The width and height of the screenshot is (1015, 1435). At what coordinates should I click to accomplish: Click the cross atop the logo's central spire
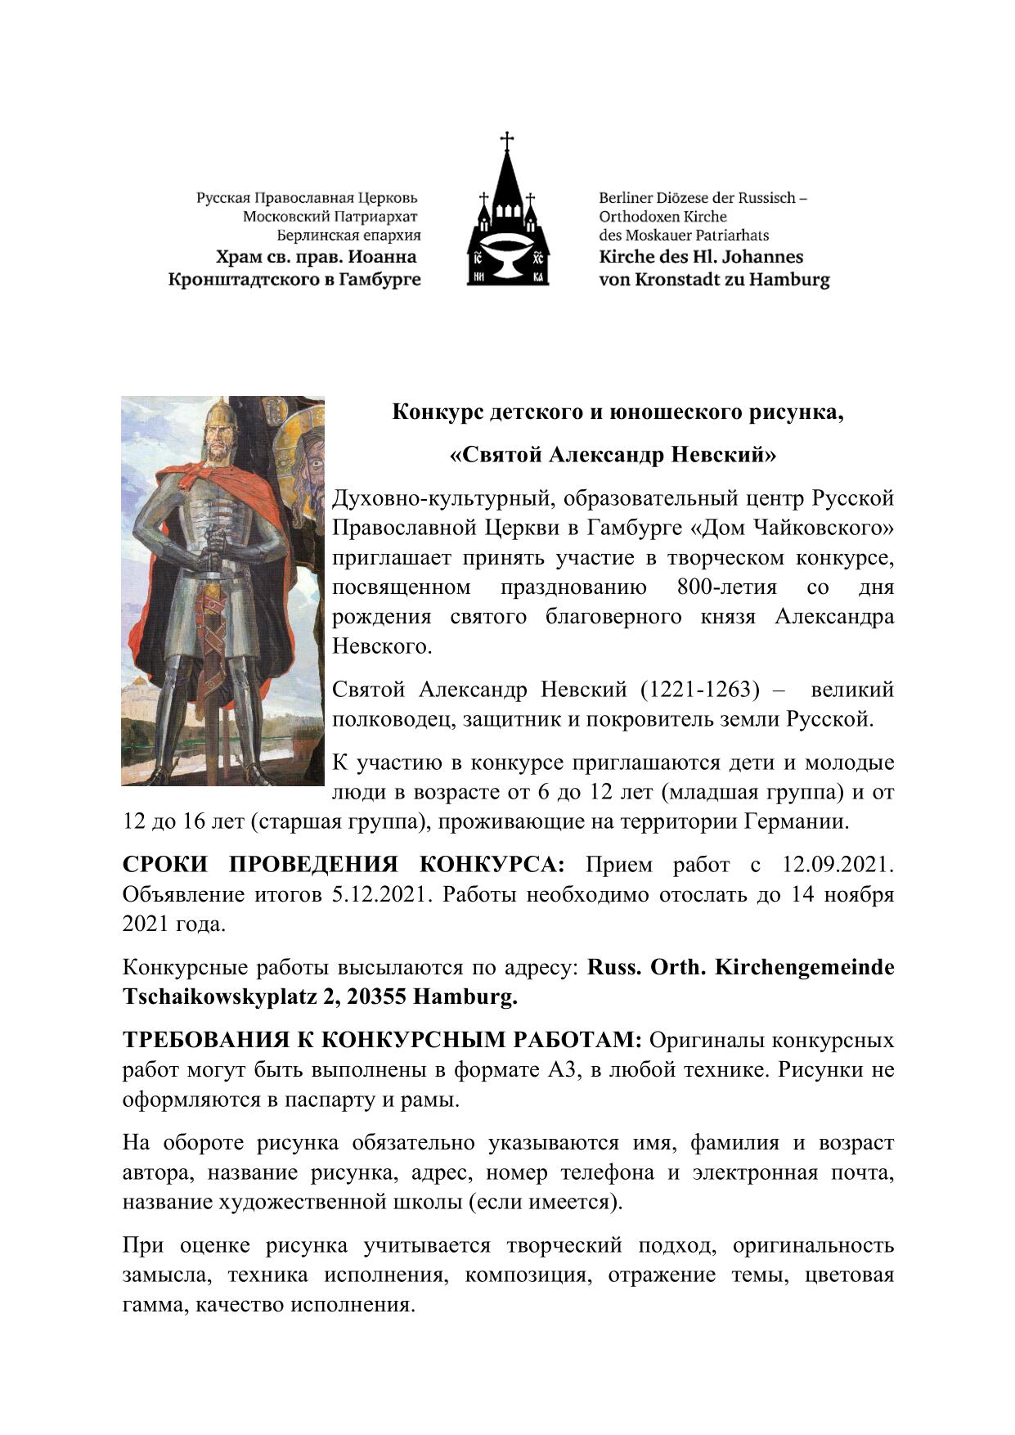pos(507,140)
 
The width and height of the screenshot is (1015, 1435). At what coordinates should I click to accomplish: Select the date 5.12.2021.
pos(380,894)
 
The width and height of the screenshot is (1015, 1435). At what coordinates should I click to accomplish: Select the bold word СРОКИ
pos(164,865)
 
